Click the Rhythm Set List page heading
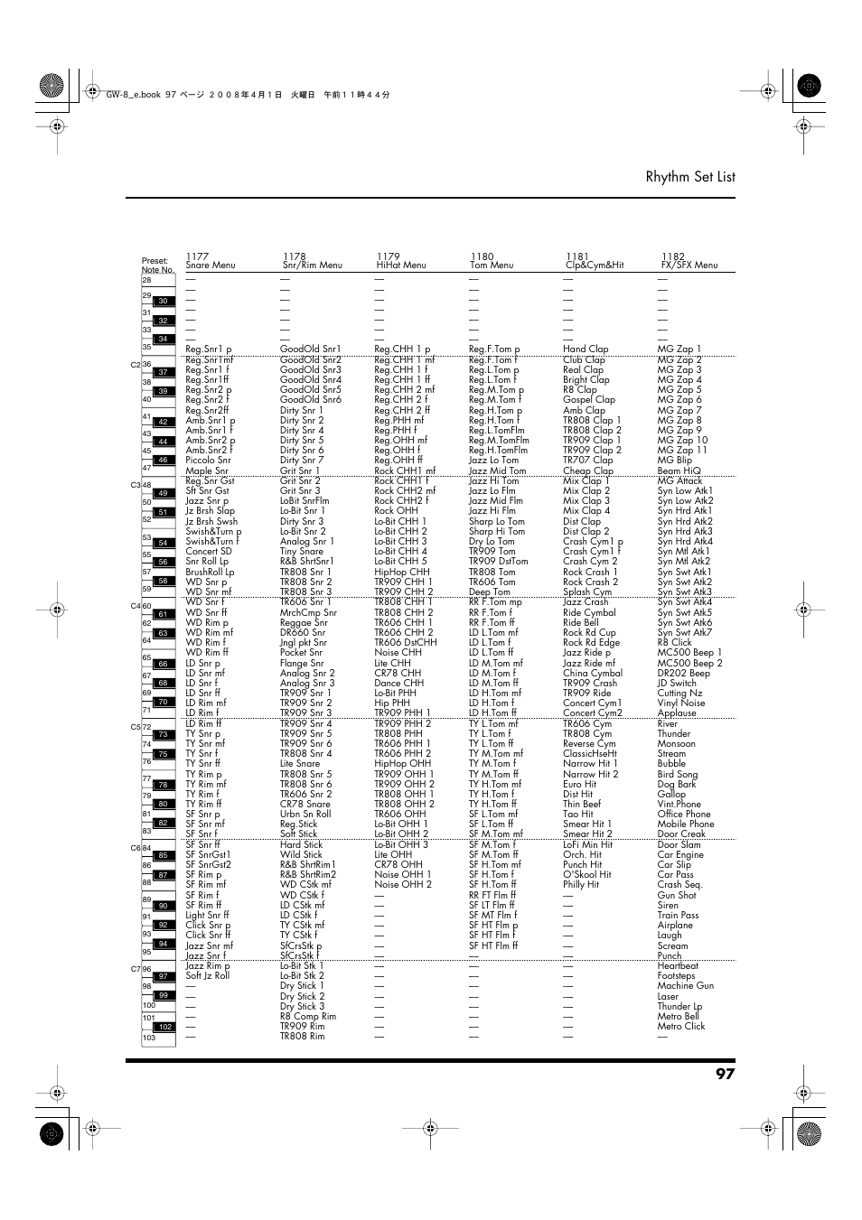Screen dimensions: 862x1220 click(689, 177)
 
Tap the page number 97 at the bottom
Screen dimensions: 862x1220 click(725, 1074)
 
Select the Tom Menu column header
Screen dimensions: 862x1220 click(491, 265)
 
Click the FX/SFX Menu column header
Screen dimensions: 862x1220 click(689, 265)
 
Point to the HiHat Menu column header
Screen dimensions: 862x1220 click(400, 265)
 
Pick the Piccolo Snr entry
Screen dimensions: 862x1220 click(208, 461)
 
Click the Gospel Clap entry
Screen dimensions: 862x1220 click(588, 400)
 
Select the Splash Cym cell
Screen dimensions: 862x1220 click(587, 592)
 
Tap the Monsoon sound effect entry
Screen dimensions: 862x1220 click(676, 744)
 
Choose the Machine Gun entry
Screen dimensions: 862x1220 click(685, 986)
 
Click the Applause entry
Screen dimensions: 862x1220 click(677, 713)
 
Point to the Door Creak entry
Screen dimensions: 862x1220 click(681, 834)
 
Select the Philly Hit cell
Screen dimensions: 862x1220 click(581, 885)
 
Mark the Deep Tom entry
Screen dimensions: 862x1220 click(489, 592)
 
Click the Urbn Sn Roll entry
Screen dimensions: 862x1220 click(305, 815)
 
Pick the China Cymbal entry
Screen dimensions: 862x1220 click(593, 673)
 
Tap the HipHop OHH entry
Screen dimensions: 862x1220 click(403, 764)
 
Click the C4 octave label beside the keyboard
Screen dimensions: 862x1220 click(135, 607)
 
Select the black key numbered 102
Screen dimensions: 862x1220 click(164, 1027)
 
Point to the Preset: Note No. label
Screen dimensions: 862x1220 click(156, 265)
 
